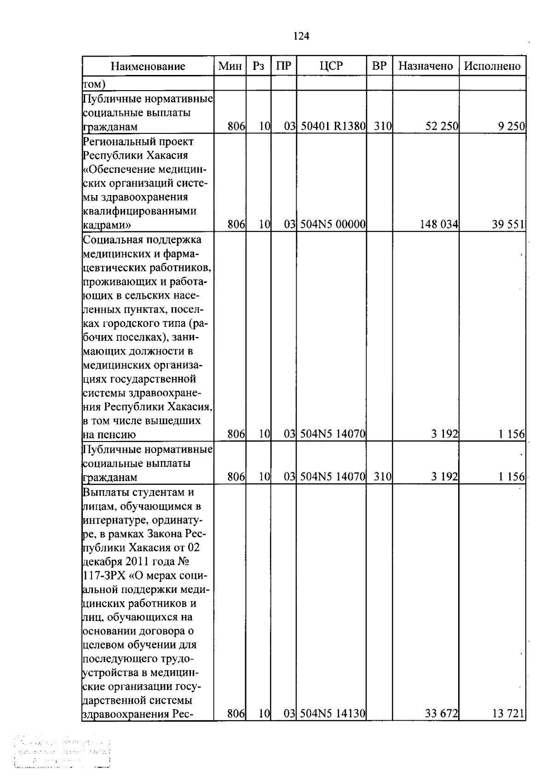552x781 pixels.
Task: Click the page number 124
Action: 301,36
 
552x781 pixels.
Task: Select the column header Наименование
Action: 148,66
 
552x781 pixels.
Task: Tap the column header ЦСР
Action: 331,66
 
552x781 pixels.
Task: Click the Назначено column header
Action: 425,66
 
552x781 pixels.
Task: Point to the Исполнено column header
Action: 492,66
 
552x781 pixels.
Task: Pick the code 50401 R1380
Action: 333,126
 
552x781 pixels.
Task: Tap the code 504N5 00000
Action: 333,224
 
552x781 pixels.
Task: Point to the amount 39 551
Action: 508,224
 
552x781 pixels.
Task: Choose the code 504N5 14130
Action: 333,713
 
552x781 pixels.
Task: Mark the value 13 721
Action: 508,713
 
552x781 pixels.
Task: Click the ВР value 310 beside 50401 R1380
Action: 379,126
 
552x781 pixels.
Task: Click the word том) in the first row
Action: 94,84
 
